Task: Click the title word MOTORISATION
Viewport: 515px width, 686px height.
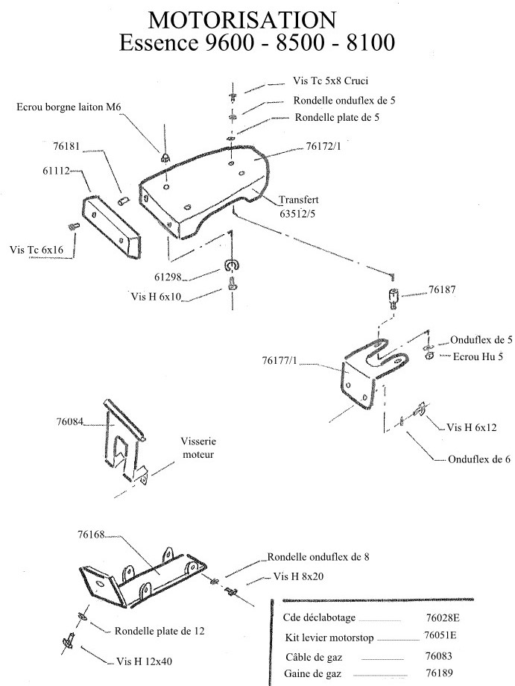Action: pyautogui.click(x=241, y=19)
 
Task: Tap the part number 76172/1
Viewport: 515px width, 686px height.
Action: pyautogui.click(x=323, y=146)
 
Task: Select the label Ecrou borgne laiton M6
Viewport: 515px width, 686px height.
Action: pyautogui.click(x=69, y=107)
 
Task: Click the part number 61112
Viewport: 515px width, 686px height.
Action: pyautogui.click(x=56, y=171)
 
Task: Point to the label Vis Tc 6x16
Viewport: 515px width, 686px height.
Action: pyautogui.click(x=37, y=250)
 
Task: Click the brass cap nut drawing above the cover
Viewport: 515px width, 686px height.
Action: pyautogui.click(x=165, y=157)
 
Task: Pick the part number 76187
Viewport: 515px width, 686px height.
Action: pyautogui.click(x=441, y=289)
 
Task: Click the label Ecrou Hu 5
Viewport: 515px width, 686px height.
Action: pyautogui.click(x=478, y=356)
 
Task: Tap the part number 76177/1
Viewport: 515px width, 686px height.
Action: pyautogui.click(x=279, y=360)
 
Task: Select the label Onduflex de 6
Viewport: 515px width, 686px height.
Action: pyautogui.click(x=479, y=459)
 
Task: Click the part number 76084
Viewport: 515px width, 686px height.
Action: pyautogui.click(x=69, y=422)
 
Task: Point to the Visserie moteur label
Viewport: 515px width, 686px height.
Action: pyautogui.click(x=198, y=447)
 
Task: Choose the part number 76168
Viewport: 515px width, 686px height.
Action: pyautogui.click(x=91, y=534)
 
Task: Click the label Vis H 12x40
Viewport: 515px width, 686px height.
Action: pyautogui.click(x=145, y=661)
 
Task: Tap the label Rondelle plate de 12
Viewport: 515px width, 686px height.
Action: pyautogui.click(x=159, y=631)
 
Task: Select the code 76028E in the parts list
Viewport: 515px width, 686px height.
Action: pyautogui.click(x=443, y=617)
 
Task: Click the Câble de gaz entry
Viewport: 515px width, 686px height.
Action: pyautogui.click(x=314, y=657)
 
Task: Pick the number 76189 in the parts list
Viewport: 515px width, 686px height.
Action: pyautogui.click(x=440, y=673)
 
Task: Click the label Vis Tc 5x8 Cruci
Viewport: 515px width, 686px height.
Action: pyautogui.click(x=330, y=81)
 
